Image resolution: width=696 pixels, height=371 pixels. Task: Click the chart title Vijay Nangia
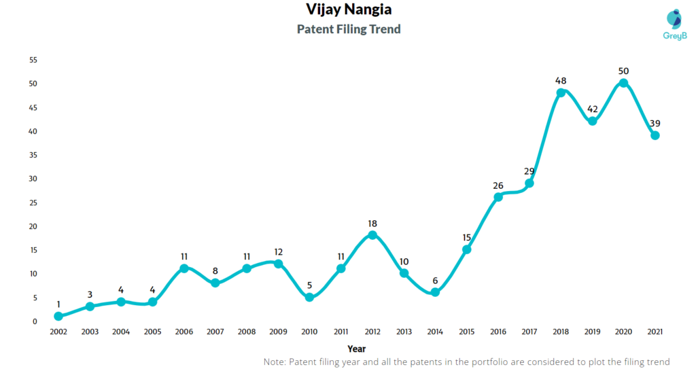point(349,10)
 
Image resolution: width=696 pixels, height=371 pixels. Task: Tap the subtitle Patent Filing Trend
point(349,29)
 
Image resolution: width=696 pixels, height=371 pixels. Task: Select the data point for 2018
point(561,93)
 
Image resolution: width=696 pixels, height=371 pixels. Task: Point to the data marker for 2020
point(623,83)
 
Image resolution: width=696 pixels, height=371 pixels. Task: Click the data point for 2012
point(372,235)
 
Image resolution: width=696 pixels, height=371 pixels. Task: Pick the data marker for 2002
point(58,316)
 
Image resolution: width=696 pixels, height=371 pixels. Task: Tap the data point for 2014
point(435,292)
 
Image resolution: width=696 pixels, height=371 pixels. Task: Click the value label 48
point(561,79)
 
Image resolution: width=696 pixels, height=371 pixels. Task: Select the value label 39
point(655,123)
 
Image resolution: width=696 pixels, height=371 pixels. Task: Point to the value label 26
point(498,185)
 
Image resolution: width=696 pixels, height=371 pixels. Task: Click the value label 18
point(372,223)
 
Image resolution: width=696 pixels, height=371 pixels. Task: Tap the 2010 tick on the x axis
point(309,332)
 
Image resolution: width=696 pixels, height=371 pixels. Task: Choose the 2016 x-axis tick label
point(498,332)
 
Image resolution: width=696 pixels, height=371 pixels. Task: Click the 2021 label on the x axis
point(655,332)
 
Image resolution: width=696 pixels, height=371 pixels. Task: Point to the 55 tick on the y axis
point(33,60)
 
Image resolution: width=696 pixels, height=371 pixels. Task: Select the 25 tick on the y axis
point(33,202)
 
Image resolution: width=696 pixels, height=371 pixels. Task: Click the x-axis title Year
point(356,349)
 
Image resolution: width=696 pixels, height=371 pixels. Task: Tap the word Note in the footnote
point(276,362)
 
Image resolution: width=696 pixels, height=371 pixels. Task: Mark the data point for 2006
point(184,268)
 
